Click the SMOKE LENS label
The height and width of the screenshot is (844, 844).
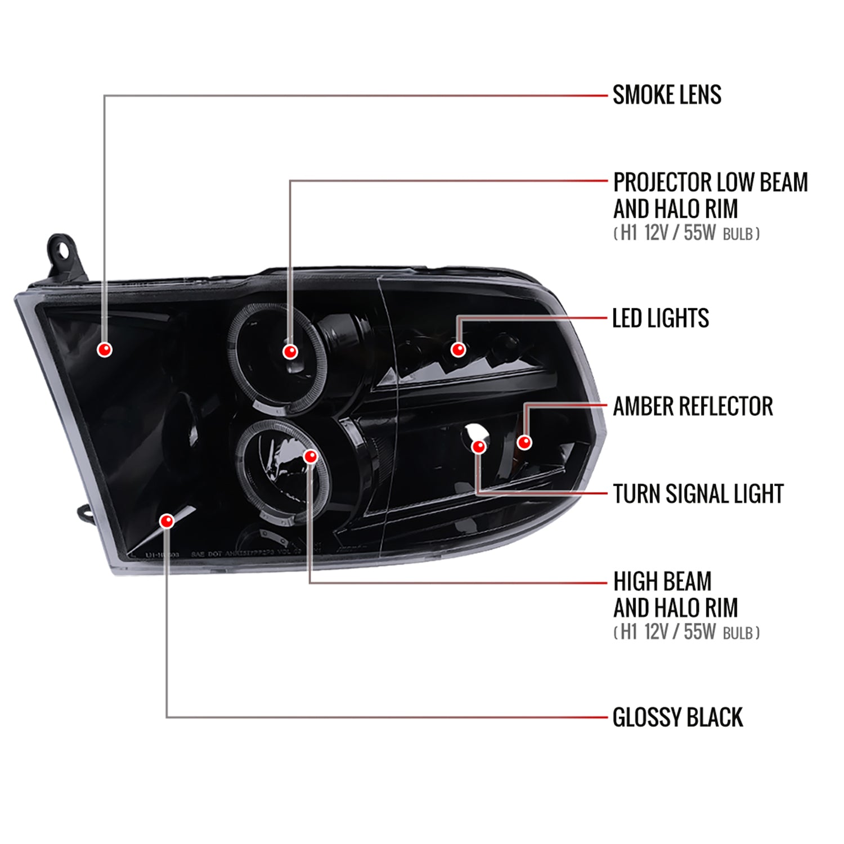pyautogui.click(x=667, y=95)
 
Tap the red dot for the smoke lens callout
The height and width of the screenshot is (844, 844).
pyautogui.click(x=105, y=349)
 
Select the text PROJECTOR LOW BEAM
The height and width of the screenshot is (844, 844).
pyautogui.click(x=710, y=182)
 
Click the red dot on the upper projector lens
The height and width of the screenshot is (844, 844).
pyautogui.click(x=290, y=352)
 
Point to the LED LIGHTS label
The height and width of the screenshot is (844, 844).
pyautogui.click(x=660, y=318)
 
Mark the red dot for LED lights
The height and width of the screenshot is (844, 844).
pyautogui.click(x=459, y=349)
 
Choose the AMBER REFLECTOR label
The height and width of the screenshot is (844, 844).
pyautogui.click(x=693, y=406)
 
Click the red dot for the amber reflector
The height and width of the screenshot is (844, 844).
pyautogui.click(x=524, y=442)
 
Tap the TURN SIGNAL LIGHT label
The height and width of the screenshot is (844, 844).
pyautogui.click(x=698, y=494)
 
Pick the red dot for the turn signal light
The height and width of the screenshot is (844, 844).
pyautogui.click(x=479, y=447)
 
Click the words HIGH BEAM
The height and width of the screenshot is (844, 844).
pyautogui.click(x=662, y=581)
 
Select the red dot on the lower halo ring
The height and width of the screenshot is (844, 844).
pyautogui.click(x=311, y=456)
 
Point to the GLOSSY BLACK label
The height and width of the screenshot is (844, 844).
pyautogui.click(x=677, y=717)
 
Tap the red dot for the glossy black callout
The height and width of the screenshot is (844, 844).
pyautogui.click(x=167, y=521)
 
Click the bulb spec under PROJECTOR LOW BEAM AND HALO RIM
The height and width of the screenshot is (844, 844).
pyautogui.click(x=686, y=233)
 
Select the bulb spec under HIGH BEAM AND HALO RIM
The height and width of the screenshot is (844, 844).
pyautogui.click(x=686, y=632)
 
